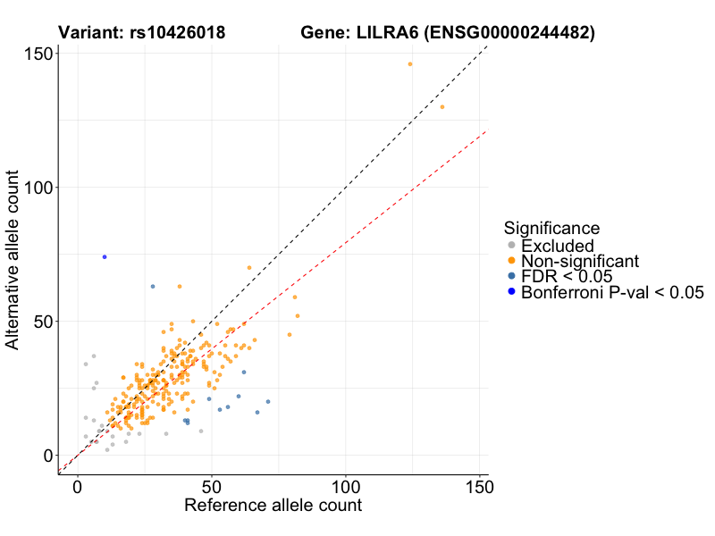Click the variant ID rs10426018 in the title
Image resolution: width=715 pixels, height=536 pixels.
coord(183,34)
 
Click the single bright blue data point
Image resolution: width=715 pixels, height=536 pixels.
coord(105,256)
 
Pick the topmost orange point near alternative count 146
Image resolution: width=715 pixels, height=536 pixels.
coord(410,64)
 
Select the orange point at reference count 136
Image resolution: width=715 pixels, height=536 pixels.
coord(442,107)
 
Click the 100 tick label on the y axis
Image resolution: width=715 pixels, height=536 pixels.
coord(37,188)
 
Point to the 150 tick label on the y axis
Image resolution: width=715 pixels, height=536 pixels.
coord(37,54)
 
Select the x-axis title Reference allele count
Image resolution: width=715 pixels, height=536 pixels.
coord(273,506)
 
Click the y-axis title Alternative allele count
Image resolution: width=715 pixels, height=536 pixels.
coord(13,263)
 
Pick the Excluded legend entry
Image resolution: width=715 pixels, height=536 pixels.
coord(557,246)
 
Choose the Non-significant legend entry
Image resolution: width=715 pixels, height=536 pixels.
coord(579,261)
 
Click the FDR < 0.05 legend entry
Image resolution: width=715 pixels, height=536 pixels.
coord(565,276)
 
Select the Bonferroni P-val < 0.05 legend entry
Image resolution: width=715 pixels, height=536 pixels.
coord(612,292)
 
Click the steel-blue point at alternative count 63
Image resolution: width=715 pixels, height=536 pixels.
coord(153,286)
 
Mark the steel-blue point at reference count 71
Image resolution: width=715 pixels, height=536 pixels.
coord(268,402)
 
